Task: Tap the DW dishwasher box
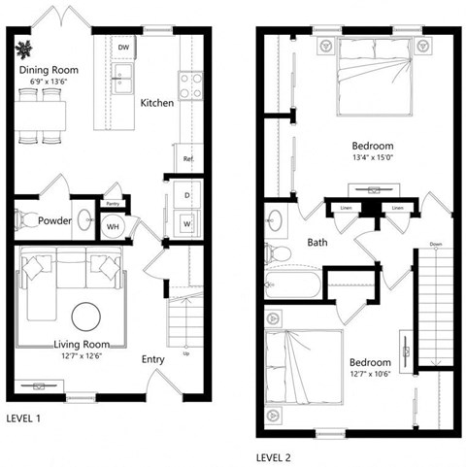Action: click(x=123, y=48)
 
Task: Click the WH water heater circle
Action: click(x=112, y=227)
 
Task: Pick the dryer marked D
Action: click(x=186, y=195)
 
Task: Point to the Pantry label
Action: click(x=112, y=204)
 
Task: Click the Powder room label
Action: click(x=54, y=220)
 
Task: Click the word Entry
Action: click(x=153, y=357)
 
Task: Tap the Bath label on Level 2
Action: click(x=316, y=243)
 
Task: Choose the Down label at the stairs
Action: click(x=435, y=244)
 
